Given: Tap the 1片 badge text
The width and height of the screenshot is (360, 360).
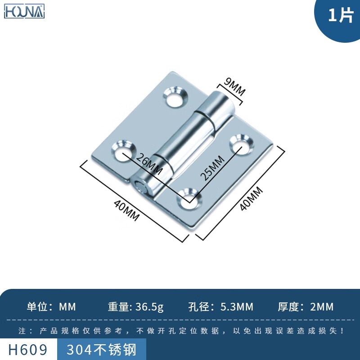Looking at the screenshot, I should [x=340, y=16].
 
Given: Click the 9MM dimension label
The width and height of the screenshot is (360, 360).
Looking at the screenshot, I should [x=235, y=87].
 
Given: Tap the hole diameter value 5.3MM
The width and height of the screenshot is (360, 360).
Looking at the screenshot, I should [x=237, y=307].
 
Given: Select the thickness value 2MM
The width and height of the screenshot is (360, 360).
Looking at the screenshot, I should [x=322, y=307].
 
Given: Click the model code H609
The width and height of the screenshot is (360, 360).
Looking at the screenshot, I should [x=28, y=350].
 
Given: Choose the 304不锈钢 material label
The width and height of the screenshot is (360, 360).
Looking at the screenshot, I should [x=101, y=350].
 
